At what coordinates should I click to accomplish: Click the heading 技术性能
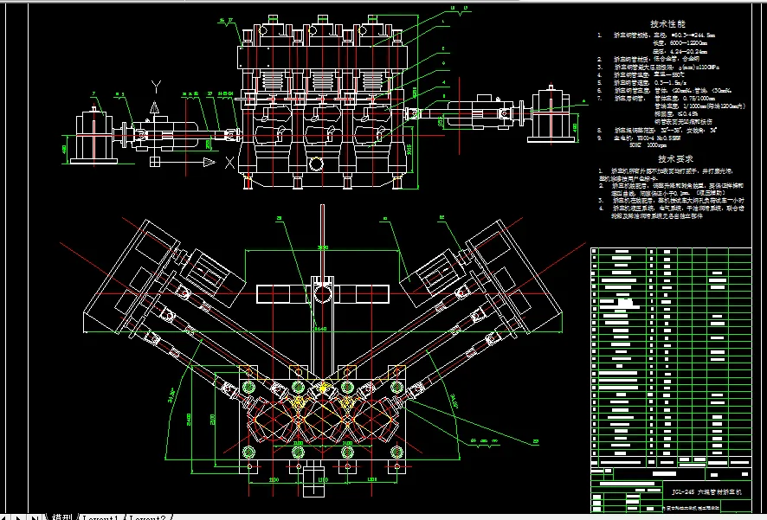click(x=667, y=24)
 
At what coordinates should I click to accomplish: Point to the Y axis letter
click(x=155, y=85)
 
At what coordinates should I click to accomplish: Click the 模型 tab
click(x=61, y=516)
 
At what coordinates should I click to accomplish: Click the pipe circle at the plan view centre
click(x=322, y=295)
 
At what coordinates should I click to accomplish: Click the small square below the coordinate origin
click(x=155, y=162)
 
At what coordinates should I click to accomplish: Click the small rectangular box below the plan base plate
click(x=307, y=478)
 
